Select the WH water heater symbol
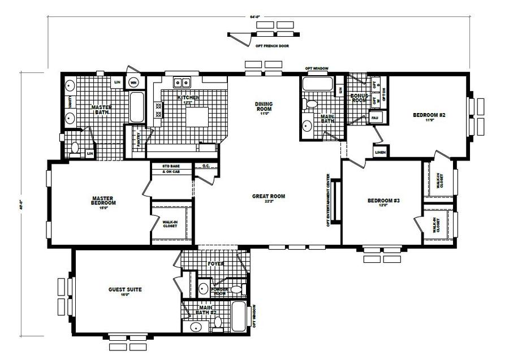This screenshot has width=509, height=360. [133, 83]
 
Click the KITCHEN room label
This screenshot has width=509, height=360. [188, 98]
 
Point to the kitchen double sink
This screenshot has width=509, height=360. [182, 83]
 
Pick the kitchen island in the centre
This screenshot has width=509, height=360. [195, 117]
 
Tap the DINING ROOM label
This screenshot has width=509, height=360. [264, 107]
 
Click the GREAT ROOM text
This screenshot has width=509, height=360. [268, 197]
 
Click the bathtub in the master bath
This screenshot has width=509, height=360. [137, 107]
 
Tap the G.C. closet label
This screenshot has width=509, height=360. [206, 166]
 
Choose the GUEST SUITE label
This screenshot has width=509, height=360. [125, 290]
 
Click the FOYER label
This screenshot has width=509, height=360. [215, 264]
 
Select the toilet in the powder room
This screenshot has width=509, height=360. [236, 289]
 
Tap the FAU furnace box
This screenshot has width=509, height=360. [374, 118]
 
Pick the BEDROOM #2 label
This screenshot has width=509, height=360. [429, 116]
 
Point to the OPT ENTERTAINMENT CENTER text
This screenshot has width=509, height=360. [328, 201]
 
